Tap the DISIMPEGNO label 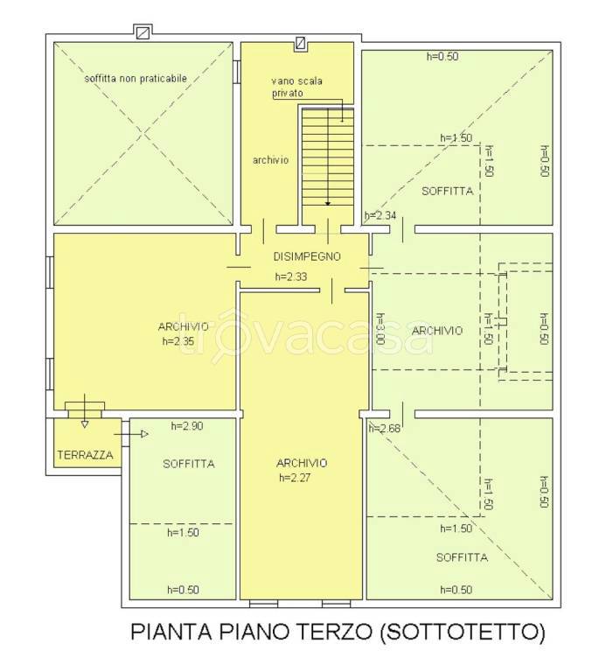pos(305,257)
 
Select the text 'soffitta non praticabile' pos(136,78)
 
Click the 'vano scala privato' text pos(296,87)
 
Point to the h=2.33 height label pos(291,276)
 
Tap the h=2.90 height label pos(188,426)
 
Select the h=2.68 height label pos(385,428)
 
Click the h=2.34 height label pos(381,215)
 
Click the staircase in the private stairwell pos(327,157)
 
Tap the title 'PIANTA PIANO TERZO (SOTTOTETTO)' pos(338,631)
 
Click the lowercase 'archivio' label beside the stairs pos(270,161)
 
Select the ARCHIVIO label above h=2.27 pos(301,463)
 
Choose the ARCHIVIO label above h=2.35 pos(183,326)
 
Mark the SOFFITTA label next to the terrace pos(188,464)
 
